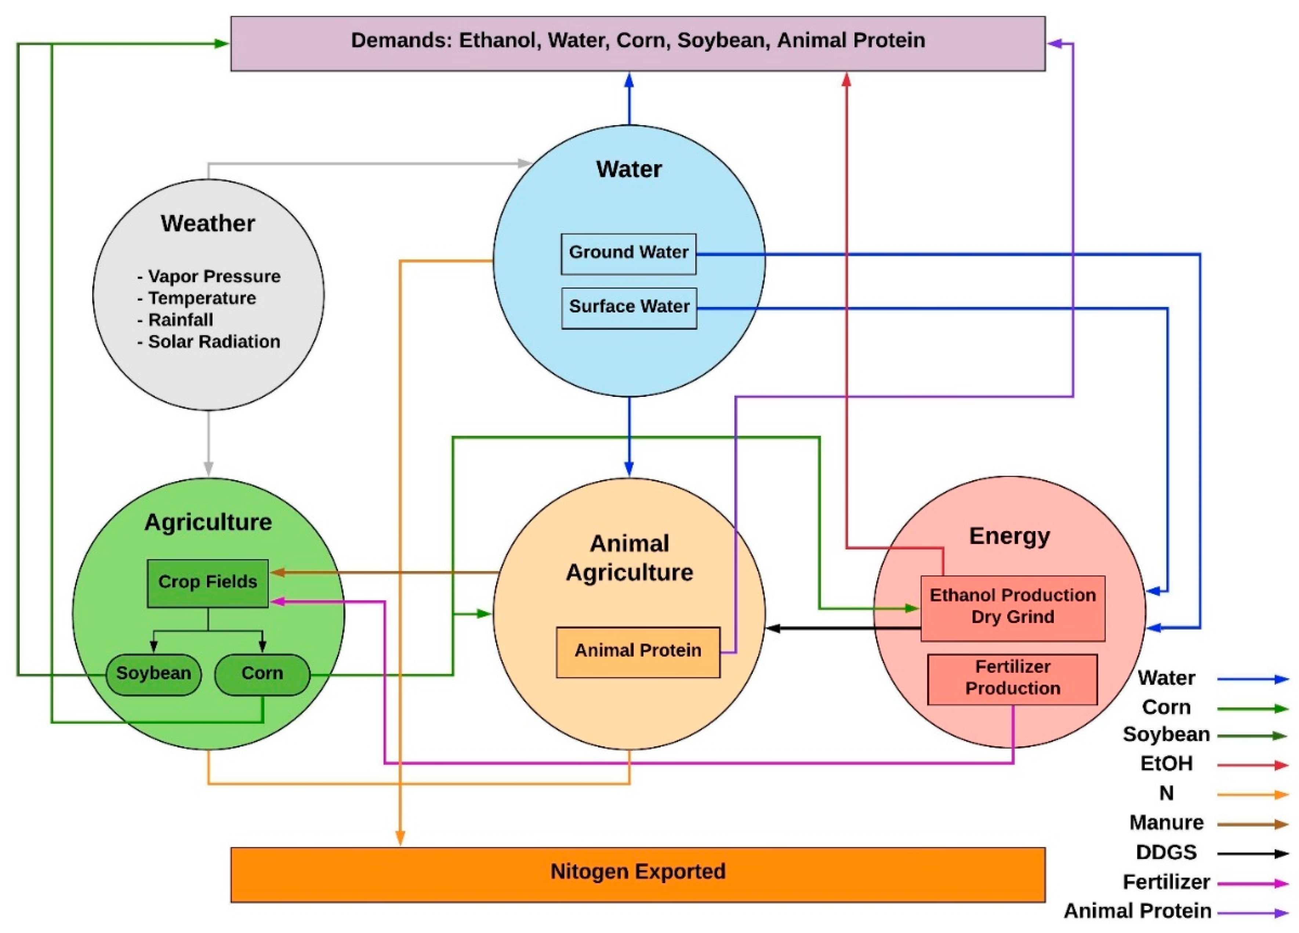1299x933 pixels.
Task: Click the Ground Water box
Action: pos(628,253)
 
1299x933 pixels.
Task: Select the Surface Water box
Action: pos(629,307)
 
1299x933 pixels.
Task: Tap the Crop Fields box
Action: pos(207,583)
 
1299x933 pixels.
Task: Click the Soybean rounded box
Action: pos(153,674)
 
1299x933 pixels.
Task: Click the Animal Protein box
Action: pos(638,651)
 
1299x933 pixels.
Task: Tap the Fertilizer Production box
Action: pos(1012,678)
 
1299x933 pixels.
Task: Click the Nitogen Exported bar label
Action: pos(638,872)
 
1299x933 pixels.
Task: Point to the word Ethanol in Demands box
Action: pos(497,41)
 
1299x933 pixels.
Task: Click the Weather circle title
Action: pos(207,224)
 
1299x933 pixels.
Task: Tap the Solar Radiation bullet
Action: pos(213,342)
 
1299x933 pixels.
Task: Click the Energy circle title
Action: pos(1009,536)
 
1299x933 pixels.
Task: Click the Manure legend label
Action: pos(1166,823)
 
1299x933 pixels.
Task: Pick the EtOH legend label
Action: pos(1166,764)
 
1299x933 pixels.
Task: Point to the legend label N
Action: pos(1166,793)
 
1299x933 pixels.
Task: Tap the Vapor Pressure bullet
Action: pos(213,277)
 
